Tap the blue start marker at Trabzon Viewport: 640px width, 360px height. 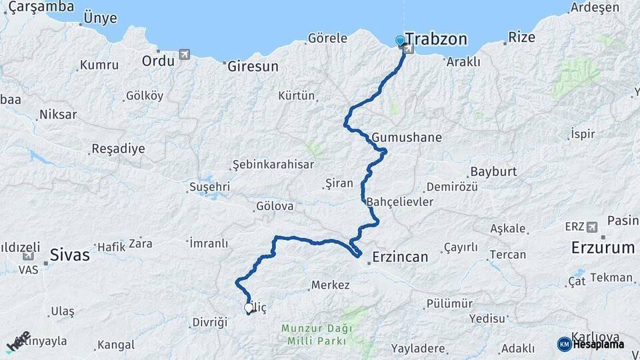point(400,41)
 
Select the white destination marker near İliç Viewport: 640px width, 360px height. point(249,308)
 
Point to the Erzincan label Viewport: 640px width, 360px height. point(401,255)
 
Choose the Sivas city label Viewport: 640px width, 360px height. point(70,254)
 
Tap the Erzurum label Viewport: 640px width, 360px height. point(603,248)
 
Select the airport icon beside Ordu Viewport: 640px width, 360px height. point(184,55)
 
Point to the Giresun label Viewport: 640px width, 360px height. point(253,67)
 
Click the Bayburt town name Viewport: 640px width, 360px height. point(493,172)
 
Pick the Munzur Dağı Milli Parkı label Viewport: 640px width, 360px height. point(314,335)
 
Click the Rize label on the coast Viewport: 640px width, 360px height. point(521,37)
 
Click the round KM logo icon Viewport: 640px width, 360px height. point(565,343)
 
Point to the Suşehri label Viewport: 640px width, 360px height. point(210,187)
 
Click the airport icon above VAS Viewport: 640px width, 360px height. point(28,256)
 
